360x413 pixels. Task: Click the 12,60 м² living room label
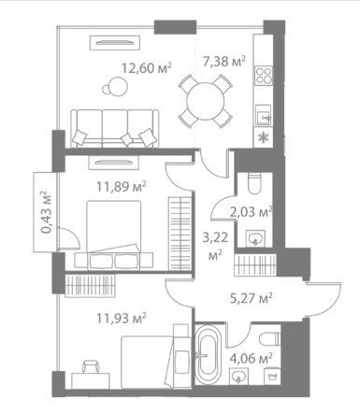click(146, 68)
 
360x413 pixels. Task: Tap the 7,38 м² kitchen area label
click(223, 61)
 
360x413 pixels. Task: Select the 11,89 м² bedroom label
click(122, 187)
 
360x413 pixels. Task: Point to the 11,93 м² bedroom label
click(122, 319)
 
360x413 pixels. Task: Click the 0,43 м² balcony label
click(47, 212)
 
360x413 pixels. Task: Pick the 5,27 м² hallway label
click(252, 298)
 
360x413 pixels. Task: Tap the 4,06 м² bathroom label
click(252, 359)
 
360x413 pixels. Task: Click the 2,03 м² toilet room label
click(252, 212)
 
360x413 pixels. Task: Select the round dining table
click(206, 101)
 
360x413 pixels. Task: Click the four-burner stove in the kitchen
click(264, 76)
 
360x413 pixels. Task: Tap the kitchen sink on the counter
click(264, 115)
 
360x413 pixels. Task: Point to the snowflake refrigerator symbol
click(264, 137)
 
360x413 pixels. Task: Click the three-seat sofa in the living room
click(115, 128)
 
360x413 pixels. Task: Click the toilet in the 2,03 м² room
click(254, 184)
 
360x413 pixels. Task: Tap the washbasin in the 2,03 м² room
click(255, 239)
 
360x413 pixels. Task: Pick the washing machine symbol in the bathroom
click(272, 377)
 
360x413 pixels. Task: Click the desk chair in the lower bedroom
click(90, 367)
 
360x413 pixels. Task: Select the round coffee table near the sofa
click(115, 87)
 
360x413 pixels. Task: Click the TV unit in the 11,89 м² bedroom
click(113, 163)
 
